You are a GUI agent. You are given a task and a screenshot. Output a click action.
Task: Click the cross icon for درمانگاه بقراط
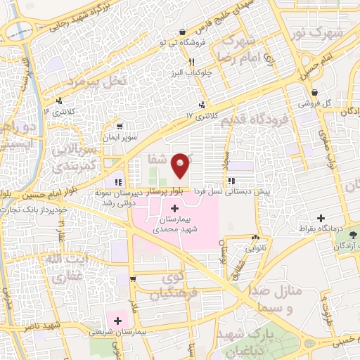(321, 219)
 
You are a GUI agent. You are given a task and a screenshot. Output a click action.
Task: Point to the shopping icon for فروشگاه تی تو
(183, 32)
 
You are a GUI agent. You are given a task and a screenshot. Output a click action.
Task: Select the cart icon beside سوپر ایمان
(120, 127)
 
